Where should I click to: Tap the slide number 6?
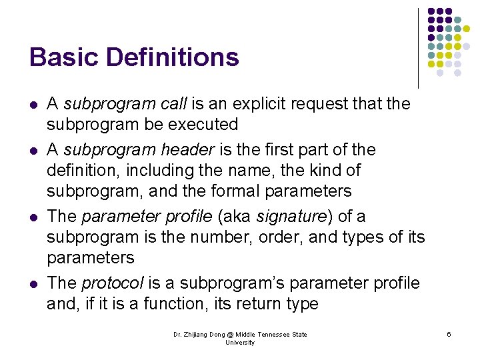449,333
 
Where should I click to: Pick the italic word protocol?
113,283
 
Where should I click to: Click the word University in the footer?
240,343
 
